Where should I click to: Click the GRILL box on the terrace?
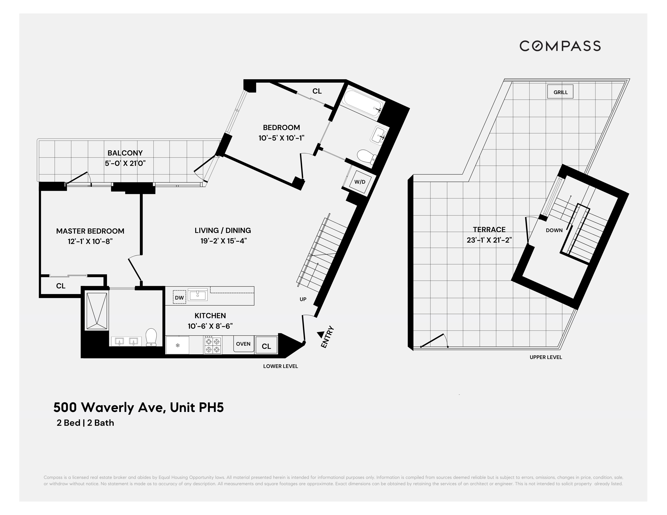coord(560,92)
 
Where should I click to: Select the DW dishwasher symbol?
coord(179,298)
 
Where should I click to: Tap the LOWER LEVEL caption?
coord(280,366)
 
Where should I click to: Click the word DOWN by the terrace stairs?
coord(554,230)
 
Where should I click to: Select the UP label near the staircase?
coord(303,299)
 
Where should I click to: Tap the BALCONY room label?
coord(125,153)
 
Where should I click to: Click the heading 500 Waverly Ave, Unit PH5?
coord(139,407)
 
